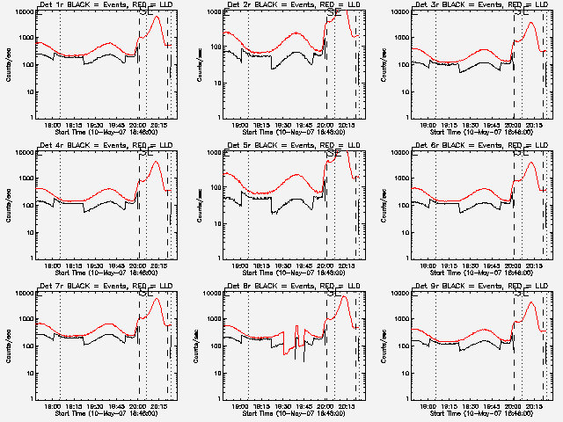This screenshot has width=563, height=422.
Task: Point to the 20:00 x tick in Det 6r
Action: (x=514, y=266)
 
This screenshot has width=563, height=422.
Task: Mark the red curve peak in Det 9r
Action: (x=531, y=303)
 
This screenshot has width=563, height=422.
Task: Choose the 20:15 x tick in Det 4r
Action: (x=158, y=266)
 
